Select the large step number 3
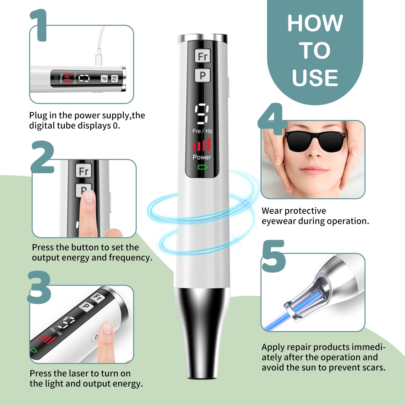tap(39, 287)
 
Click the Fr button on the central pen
tap(202, 56)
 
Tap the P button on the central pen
tap(202, 75)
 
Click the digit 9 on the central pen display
tap(202, 114)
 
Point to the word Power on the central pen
tap(202, 157)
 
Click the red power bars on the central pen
tap(201, 145)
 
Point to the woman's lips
tap(311, 170)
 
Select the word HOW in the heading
tap(315, 23)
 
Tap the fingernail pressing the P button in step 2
tap(89, 196)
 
